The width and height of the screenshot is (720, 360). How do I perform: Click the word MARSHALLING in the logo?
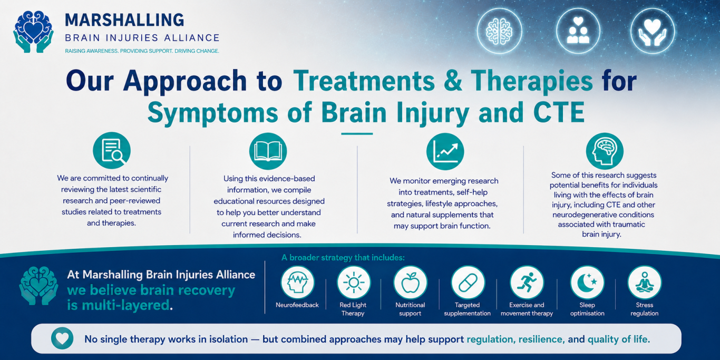125,20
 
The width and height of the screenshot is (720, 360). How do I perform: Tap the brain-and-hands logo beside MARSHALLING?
33,32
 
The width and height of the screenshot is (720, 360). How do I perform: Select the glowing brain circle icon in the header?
499,31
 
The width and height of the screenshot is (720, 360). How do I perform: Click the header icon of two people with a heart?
578,31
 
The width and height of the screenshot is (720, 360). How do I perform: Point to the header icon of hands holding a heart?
653,31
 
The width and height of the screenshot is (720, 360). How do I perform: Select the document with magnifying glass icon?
112,150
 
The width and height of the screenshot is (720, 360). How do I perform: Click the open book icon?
268,151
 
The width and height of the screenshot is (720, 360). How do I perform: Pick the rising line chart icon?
445,151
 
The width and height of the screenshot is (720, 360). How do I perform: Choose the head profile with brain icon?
605,151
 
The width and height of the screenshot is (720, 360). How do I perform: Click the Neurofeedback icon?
297,283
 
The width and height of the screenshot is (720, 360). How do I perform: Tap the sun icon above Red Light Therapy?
354,283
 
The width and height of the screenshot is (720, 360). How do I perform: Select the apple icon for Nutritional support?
411,283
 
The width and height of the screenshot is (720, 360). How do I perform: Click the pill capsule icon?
468,283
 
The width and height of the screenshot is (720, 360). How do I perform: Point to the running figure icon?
527,283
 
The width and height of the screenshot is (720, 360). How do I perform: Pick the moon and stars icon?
587,283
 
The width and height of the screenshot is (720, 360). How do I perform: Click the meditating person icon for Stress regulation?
645,283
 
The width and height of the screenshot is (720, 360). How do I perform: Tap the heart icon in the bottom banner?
62,338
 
